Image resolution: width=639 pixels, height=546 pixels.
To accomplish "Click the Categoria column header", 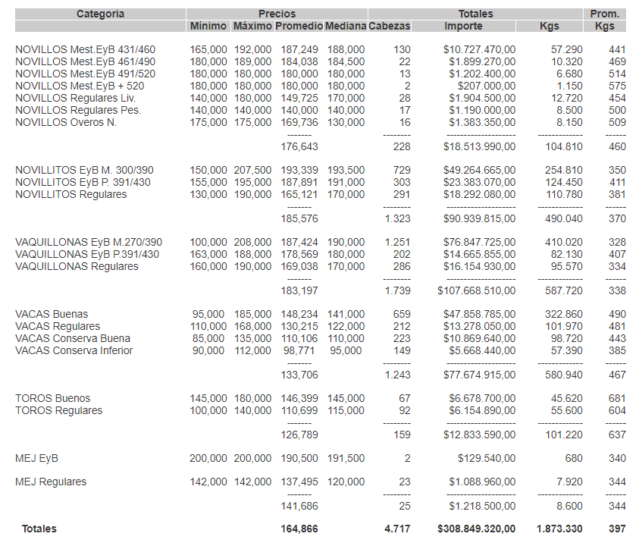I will tap(100, 14).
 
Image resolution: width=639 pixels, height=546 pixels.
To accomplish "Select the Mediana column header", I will tap(345, 26).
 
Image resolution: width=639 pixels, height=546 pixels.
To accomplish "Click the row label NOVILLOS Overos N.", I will tap(66, 122).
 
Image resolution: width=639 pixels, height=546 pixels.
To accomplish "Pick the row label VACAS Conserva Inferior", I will tap(74, 350).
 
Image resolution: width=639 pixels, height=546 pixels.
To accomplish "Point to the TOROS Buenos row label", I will tap(52, 398).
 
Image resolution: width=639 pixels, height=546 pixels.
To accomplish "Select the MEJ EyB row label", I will tap(36, 458).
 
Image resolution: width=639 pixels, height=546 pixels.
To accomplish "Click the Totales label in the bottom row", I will tap(39, 529).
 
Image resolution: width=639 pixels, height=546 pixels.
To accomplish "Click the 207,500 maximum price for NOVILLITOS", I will tap(252, 170).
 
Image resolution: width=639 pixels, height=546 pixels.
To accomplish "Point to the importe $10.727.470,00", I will tap(479, 49).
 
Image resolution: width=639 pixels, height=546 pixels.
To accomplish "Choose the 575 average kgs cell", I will tap(617, 86).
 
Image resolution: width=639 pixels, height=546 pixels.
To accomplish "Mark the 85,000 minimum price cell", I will tap(208, 338).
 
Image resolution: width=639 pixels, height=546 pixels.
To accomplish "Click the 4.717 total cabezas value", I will tap(396, 529).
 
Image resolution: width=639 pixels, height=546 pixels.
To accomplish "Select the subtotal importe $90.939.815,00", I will tap(479, 218).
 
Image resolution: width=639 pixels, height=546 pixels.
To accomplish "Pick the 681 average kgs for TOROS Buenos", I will tap(617, 398).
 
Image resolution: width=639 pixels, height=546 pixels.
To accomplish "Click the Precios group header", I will tap(277, 14).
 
